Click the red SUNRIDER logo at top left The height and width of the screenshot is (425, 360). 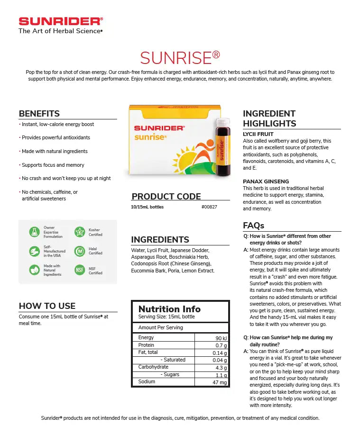(x=60, y=21)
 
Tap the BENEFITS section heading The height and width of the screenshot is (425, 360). (x=39, y=114)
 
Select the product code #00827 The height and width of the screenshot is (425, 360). (x=209, y=207)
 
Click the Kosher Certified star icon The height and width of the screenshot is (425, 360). (x=80, y=232)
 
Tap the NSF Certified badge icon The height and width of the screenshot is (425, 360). (x=80, y=271)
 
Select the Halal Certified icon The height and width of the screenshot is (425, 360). (x=80, y=251)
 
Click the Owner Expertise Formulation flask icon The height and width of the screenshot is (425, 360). (x=34, y=232)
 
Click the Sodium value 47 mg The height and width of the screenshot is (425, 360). (x=220, y=382)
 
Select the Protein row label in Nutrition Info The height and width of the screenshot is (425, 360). (x=146, y=345)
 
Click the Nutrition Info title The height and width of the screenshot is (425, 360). (x=169, y=309)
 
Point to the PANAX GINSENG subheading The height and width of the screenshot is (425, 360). (x=266, y=181)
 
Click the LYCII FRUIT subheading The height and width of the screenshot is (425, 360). (x=258, y=134)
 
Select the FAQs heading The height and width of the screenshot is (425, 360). (x=253, y=226)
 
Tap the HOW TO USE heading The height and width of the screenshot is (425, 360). (x=47, y=306)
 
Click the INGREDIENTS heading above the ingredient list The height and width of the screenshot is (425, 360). (x=160, y=240)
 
